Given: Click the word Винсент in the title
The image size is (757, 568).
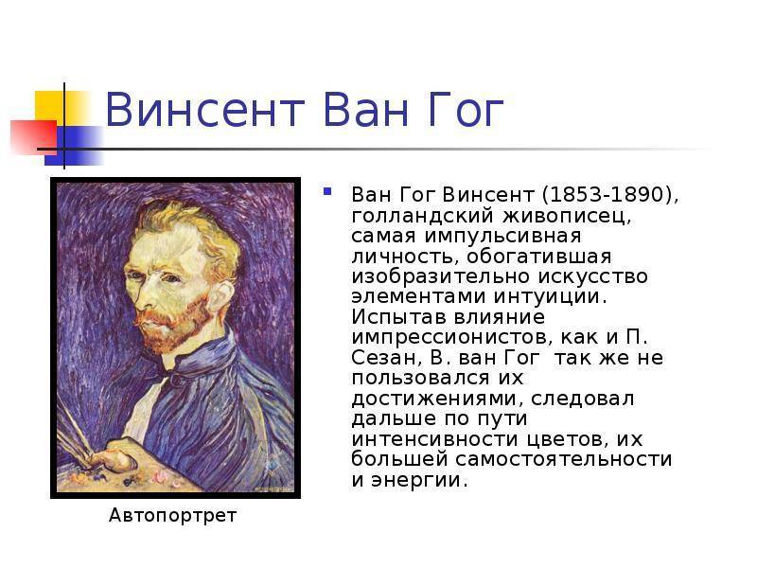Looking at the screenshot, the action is point(205,110).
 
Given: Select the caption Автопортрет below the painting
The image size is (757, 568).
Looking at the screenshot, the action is point(172,516).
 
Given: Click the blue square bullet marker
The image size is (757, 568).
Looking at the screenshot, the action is point(327,192).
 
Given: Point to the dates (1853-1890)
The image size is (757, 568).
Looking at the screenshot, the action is point(610,194).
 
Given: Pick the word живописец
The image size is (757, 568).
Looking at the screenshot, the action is point(567,216).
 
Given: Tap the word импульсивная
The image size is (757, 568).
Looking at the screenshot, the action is point(502,236).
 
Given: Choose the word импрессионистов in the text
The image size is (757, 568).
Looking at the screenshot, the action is point(451,337).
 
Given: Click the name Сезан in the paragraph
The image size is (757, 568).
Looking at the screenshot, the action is point(383,358).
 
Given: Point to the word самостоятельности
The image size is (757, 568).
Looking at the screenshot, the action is point(563,459).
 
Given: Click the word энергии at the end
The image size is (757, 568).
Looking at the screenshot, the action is point(419,480).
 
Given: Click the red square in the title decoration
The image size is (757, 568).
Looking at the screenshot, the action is point(34,136).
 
